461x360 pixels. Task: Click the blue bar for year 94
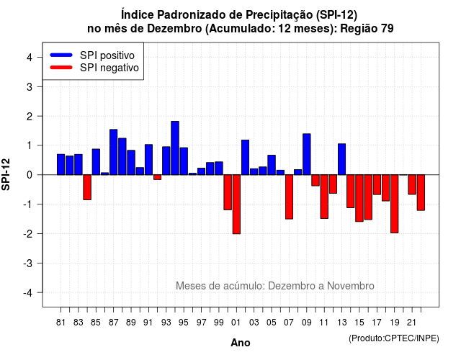point(175,148)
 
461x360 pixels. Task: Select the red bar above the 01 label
point(236,204)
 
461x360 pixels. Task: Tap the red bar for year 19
point(395,204)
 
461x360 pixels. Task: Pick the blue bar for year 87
point(114,152)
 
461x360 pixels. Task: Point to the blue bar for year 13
point(341,159)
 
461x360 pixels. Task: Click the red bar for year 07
point(289,197)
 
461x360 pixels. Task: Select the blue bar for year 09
point(307,154)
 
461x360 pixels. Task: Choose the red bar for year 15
point(359,198)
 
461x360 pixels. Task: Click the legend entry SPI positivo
point(107,55)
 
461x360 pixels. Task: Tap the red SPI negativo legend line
point(61,67)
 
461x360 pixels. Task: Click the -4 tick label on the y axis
point(28,293)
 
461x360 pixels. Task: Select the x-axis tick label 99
point(219,323)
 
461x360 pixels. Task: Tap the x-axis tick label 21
point(412,323)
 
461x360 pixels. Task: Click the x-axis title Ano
point(241,343)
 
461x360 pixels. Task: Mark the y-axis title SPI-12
point(6,174)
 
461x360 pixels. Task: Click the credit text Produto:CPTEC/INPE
point(394,338)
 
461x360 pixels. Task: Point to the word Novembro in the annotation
point(351,286)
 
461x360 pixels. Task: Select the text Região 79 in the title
point(367,29)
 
